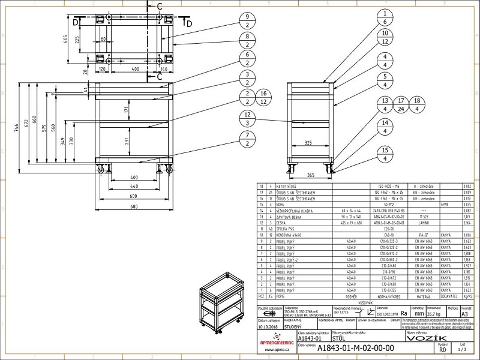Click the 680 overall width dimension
pyautogui.click(x=135, y=206)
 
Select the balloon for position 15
pyautogui.click(x=382, y=154)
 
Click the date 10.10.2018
pyautogui.click(x=269, y=328)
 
